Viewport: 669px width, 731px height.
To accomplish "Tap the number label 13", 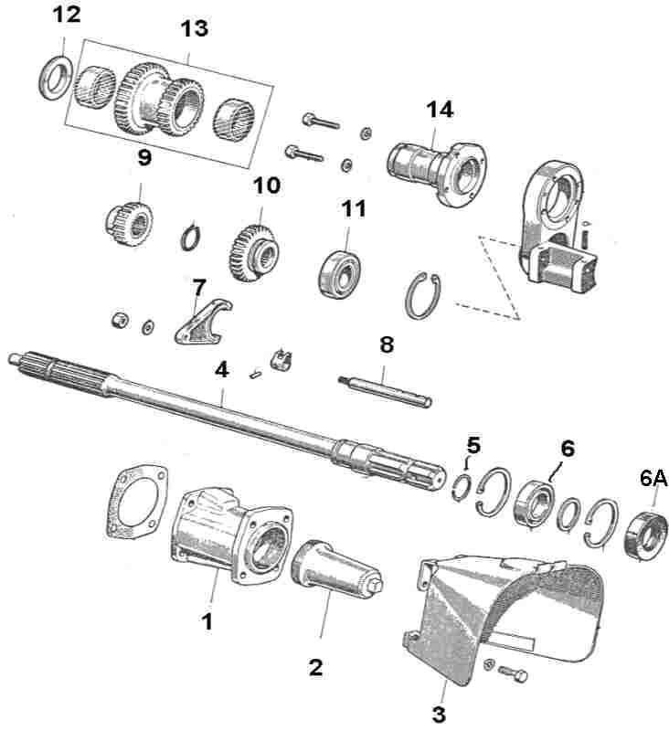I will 194,29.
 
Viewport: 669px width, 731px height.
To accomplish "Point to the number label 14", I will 439,111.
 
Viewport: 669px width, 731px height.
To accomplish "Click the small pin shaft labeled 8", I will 384,387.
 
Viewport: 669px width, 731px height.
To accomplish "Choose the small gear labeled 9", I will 129,223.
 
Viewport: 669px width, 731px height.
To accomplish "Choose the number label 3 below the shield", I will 441,712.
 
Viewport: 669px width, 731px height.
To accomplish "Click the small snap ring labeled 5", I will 465,482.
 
